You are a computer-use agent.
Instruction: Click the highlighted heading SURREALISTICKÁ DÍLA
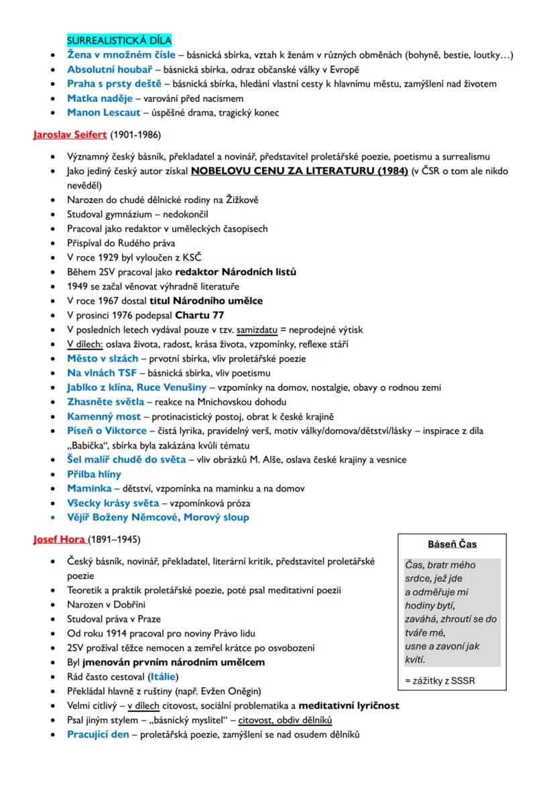[119, 40]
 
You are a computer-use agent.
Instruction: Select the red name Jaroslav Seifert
[70, 135]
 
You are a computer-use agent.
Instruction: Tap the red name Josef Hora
[60, 539]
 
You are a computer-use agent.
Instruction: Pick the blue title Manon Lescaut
[103, 112]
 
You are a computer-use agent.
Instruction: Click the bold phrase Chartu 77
[200, 315]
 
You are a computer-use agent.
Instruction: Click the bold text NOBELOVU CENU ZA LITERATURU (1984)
[299, 171]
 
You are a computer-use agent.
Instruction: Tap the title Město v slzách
[103, 359]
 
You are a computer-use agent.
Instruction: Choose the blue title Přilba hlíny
[95, 474]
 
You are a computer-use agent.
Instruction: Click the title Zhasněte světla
[105, 402]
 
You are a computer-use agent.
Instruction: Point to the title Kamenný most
[104, 416]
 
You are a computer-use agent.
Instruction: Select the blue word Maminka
[89, 488]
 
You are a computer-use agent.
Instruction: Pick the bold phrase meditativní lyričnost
[349, 705]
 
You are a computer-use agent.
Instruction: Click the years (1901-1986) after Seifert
[135, 135]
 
